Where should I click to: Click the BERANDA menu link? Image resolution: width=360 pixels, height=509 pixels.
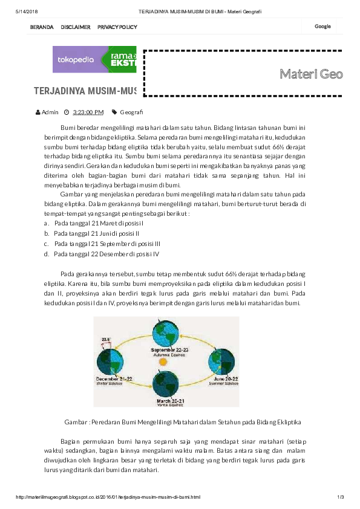(x=42, y=27)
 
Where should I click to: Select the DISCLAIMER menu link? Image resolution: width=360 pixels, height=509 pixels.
(x=76, y=27)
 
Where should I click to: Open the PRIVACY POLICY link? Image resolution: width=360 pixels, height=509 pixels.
(x=117, y=27)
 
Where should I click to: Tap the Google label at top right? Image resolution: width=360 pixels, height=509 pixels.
(x=322, y=27)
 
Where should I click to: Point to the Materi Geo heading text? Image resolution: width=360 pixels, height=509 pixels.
(x=311, y=74)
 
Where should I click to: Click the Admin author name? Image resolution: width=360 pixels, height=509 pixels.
(x=50, y=112)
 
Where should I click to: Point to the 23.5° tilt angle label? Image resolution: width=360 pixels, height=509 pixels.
(x=106, y=340)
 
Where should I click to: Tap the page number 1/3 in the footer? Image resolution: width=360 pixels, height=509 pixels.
(x=341, y=497)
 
